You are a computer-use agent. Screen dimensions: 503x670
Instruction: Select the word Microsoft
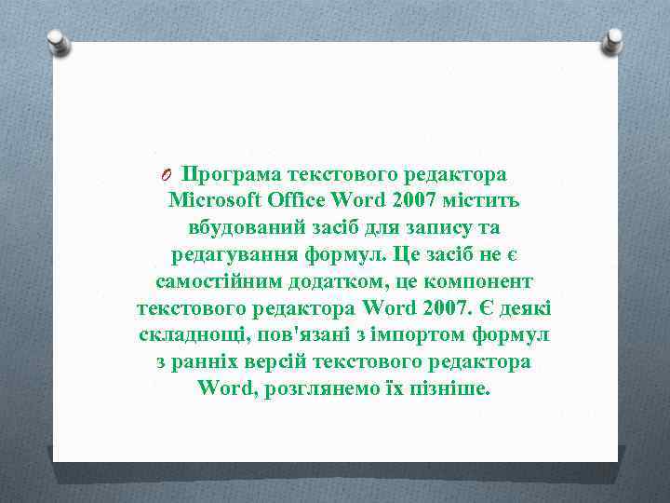(216, 201)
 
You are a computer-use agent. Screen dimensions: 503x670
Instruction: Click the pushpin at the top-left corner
(59, 41)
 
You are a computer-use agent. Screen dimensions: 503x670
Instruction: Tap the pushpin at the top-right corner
(613, 40)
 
